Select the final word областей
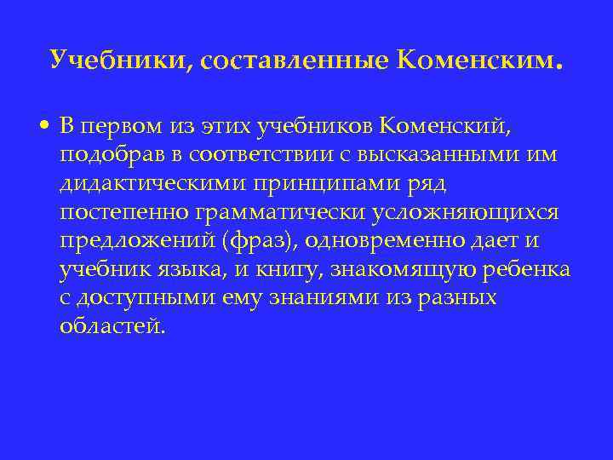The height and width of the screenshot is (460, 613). pos(110,327)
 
